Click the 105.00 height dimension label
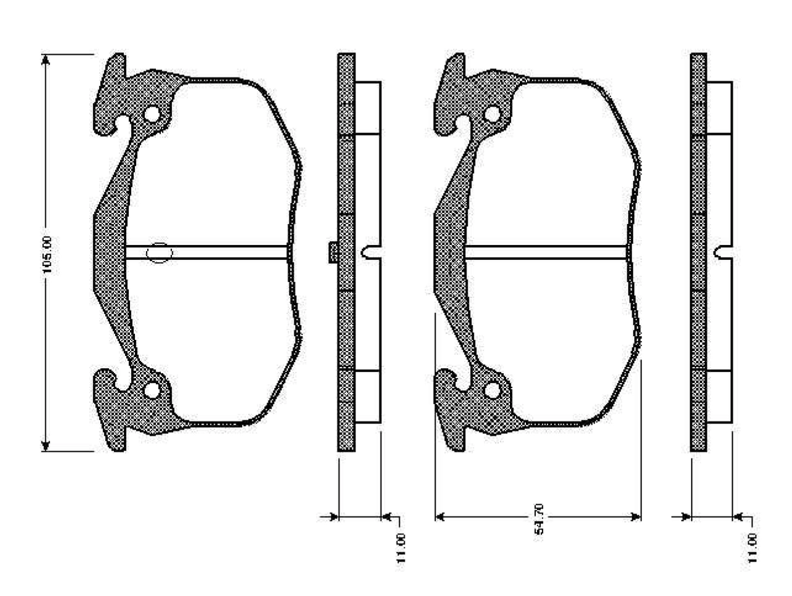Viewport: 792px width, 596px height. coord(47,254)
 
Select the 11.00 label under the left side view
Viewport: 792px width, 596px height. coord(400,548)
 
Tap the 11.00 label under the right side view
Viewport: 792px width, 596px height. coord(752,548)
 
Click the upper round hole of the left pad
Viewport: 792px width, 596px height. coord(152,114)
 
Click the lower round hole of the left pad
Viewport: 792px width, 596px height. coord(152,391)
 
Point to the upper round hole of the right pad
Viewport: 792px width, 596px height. coord(492,114)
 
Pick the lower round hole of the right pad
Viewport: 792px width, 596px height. coord(492,391)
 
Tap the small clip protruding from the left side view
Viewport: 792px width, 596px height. coord(333,252)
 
